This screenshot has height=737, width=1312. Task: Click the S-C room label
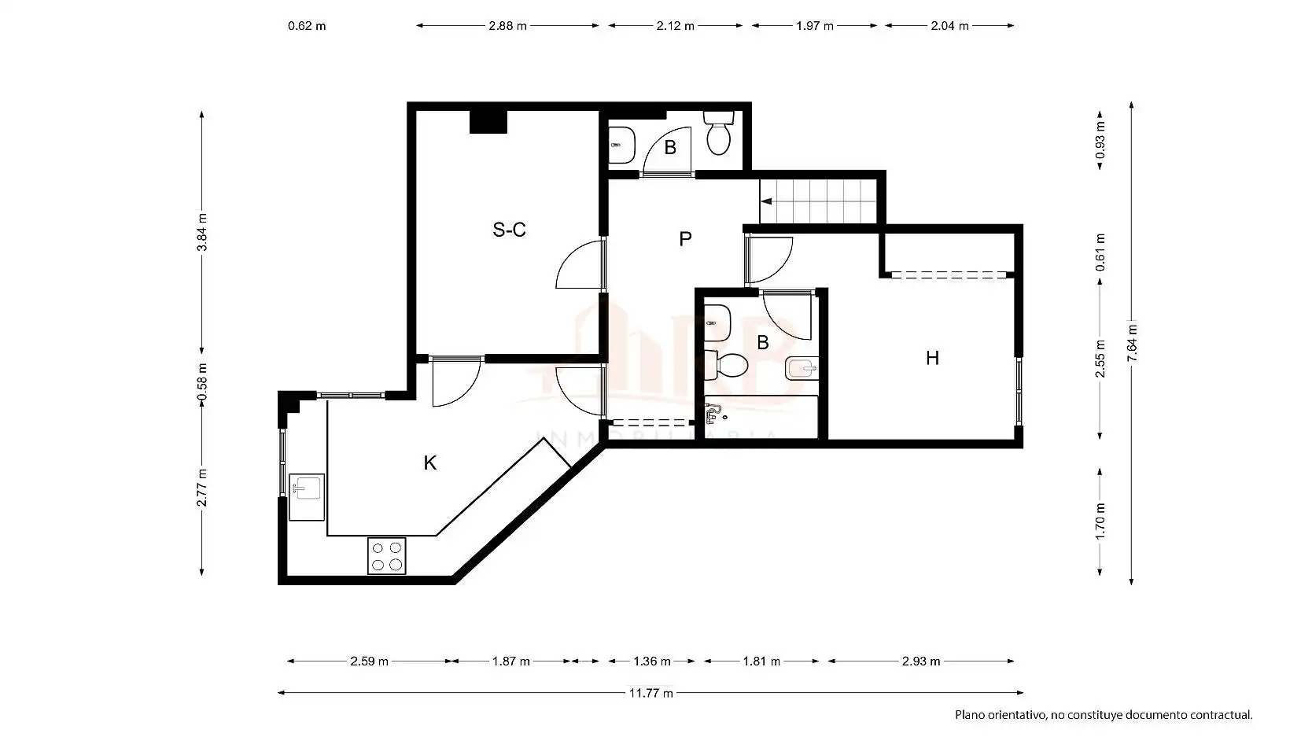point(509,230)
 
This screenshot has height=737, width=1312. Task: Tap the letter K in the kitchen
point(430,463)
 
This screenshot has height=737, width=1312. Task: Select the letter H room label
point(932,358)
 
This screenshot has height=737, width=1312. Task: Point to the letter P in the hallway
point(685,239)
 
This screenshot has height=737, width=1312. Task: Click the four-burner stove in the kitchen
point(386,555)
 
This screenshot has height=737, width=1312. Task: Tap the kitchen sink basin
point(306,488)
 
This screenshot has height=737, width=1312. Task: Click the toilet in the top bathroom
point(719,134)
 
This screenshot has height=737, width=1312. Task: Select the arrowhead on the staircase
point(766,201)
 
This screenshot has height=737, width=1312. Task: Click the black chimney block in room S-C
point(488,122)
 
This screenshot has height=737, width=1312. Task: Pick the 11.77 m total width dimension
point(650,693)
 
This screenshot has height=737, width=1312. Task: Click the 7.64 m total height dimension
point(1132,343)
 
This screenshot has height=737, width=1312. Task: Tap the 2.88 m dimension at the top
point(507,26)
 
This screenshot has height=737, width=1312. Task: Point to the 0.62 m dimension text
point(307,26)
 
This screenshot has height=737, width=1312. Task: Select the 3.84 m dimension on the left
point(202,232)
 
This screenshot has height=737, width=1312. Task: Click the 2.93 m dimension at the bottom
point(921,661)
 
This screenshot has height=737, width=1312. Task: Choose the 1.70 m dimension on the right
point(1100,521)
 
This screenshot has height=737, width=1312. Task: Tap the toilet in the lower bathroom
point(726,365)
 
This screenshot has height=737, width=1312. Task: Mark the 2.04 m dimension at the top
point(949,26)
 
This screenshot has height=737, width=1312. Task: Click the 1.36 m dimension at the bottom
point(652,661)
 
